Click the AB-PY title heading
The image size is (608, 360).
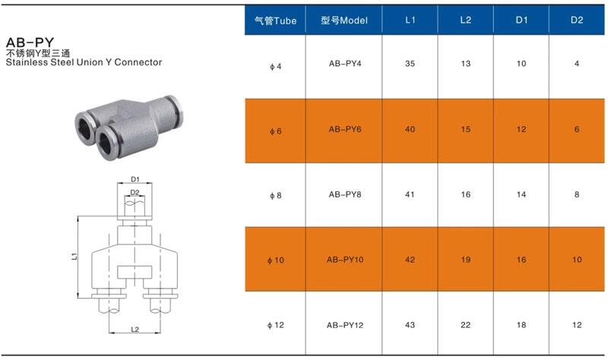30,43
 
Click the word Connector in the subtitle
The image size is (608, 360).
138,62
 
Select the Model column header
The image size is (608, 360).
344,21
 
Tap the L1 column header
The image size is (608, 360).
410,21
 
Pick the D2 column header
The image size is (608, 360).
577,21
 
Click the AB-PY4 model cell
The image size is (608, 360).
345,64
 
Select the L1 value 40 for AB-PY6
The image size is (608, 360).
410,129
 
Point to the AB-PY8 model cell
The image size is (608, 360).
345,194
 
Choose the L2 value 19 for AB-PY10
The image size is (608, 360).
466,260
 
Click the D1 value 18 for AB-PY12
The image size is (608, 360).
521,325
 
